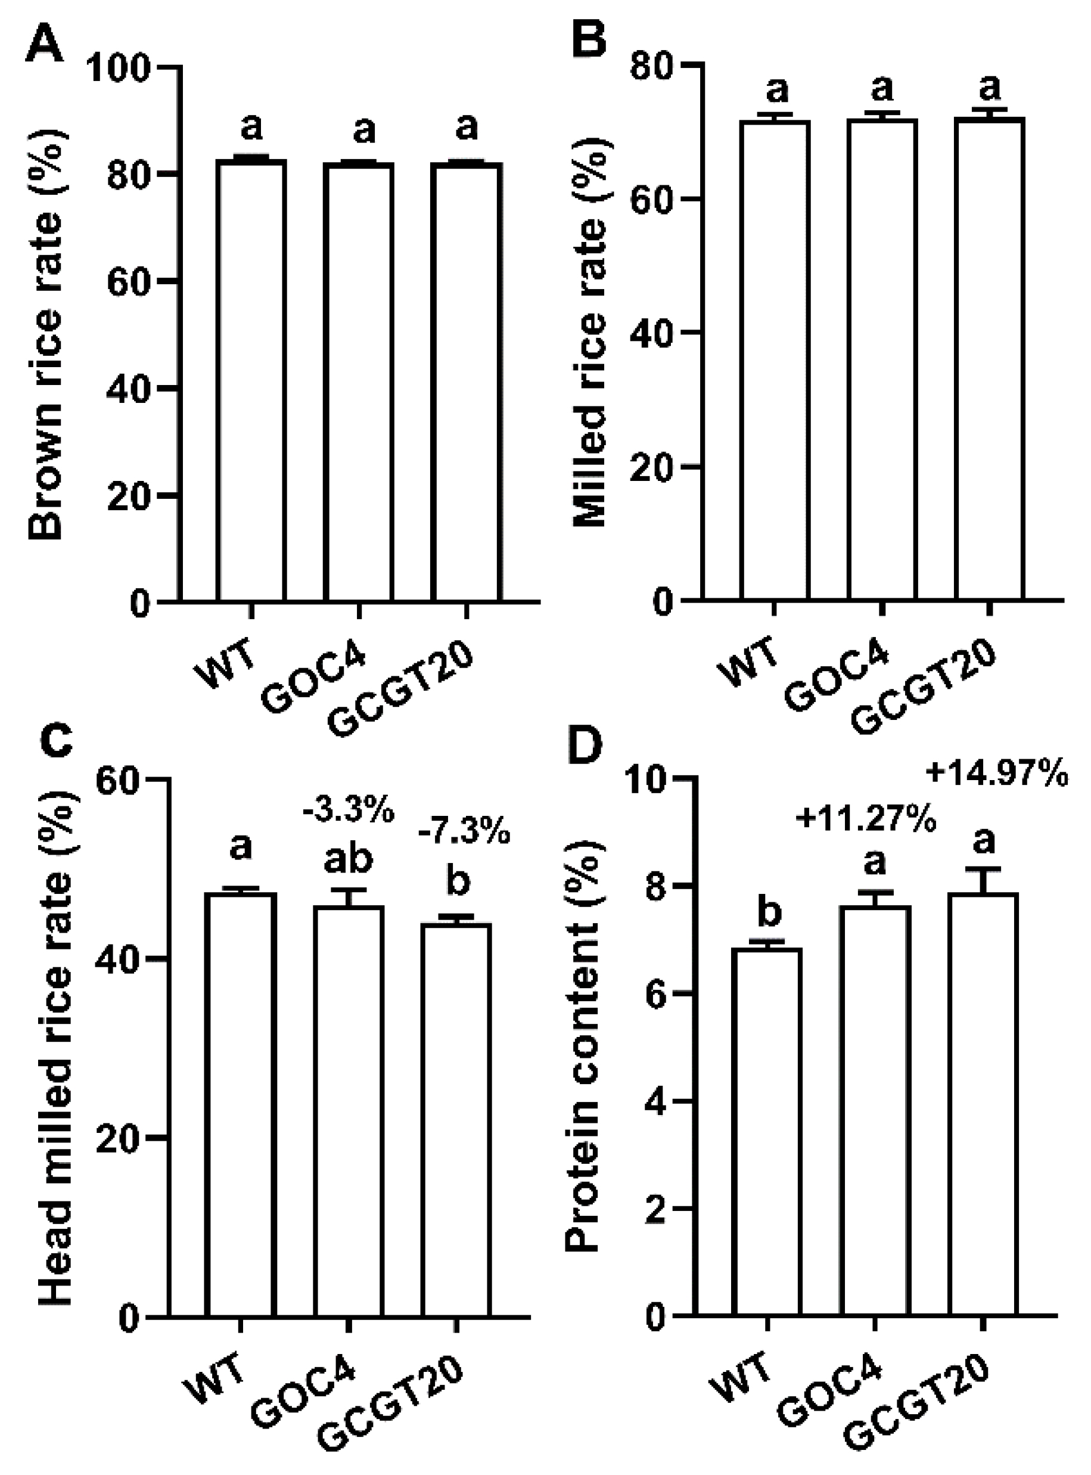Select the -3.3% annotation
click(348, 811)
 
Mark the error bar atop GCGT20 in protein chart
click(983, 880)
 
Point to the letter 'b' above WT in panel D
click(767, 912)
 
